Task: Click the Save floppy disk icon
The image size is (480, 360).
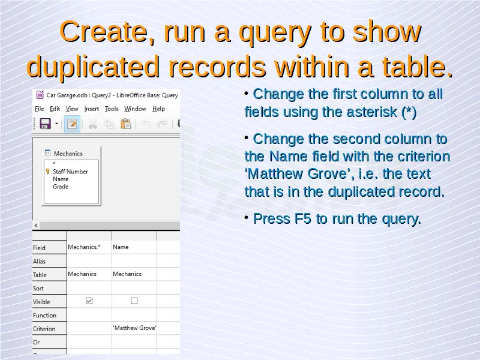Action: (x=46, y=124)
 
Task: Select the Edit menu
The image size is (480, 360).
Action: (x=55, y=109)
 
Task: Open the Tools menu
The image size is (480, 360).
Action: (x=112, y=109)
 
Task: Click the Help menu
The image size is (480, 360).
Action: (x=158, y=109)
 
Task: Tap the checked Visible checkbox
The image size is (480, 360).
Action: (x=89, y=301)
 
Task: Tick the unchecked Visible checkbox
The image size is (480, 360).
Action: (x=134, y=301)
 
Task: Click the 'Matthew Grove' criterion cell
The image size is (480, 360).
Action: (x=134, y=328)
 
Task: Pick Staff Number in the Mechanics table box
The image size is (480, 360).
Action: (x=70, y=172)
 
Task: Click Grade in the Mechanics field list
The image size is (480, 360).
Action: (x=61, y=187)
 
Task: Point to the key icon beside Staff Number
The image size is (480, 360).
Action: (x=48, y=172)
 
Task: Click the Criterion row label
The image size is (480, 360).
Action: (x=44, y=329)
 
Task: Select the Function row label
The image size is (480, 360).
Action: (x=44, y=316)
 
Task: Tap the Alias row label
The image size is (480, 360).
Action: (x=39, y=262)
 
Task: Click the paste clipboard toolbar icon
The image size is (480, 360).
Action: (x=125, y=124)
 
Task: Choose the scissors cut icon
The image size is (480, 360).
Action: (x=92, y=124)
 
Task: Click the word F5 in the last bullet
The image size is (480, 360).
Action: (x=303, y=218)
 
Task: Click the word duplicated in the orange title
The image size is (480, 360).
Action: (x=93, y=67)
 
